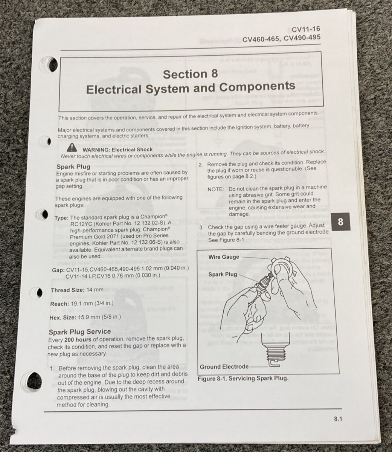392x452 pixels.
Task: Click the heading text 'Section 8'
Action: pyautogui.click(x=190, y=74)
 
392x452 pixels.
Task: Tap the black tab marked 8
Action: pyautogui.click(x=340, y=222)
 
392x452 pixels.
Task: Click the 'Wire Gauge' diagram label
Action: pyautogui.click(x=224, y=257)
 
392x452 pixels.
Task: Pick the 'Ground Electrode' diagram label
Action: pyautogui.click(x=224, y=366)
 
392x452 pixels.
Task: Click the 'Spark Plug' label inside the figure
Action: pyautogui.click(x=223, y=274)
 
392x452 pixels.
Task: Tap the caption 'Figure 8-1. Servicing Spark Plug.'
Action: pyautogui.click(x=243, y=378)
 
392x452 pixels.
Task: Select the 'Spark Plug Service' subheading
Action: pyautogui.click(x=80, y=331)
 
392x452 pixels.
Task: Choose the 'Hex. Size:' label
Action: pyautogui.click(x=63, y=317)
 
